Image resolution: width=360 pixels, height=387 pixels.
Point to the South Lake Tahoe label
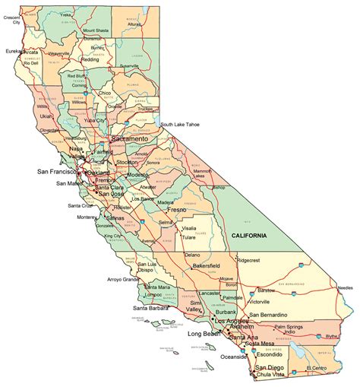coord(181,124)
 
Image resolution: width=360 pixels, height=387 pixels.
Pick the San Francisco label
coord(57,172)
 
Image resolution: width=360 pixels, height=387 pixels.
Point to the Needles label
coord(346,288)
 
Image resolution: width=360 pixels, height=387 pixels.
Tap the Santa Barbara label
coord(150,308)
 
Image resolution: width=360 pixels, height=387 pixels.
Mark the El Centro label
coord(318,368)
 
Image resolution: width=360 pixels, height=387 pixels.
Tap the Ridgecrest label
coord(254,259)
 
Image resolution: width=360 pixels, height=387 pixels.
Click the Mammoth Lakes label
coord(202,174)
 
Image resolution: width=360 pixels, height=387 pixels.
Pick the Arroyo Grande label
coord(122,279)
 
